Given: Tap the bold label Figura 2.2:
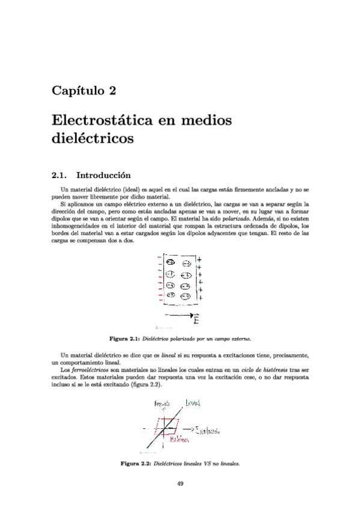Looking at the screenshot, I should coord(136,464).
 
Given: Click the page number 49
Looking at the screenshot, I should coord(180,484).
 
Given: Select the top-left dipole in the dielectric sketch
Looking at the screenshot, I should coord(171,263).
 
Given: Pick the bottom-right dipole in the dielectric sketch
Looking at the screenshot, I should coord(185,296).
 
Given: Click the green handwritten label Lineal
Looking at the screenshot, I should coord(193,402).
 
